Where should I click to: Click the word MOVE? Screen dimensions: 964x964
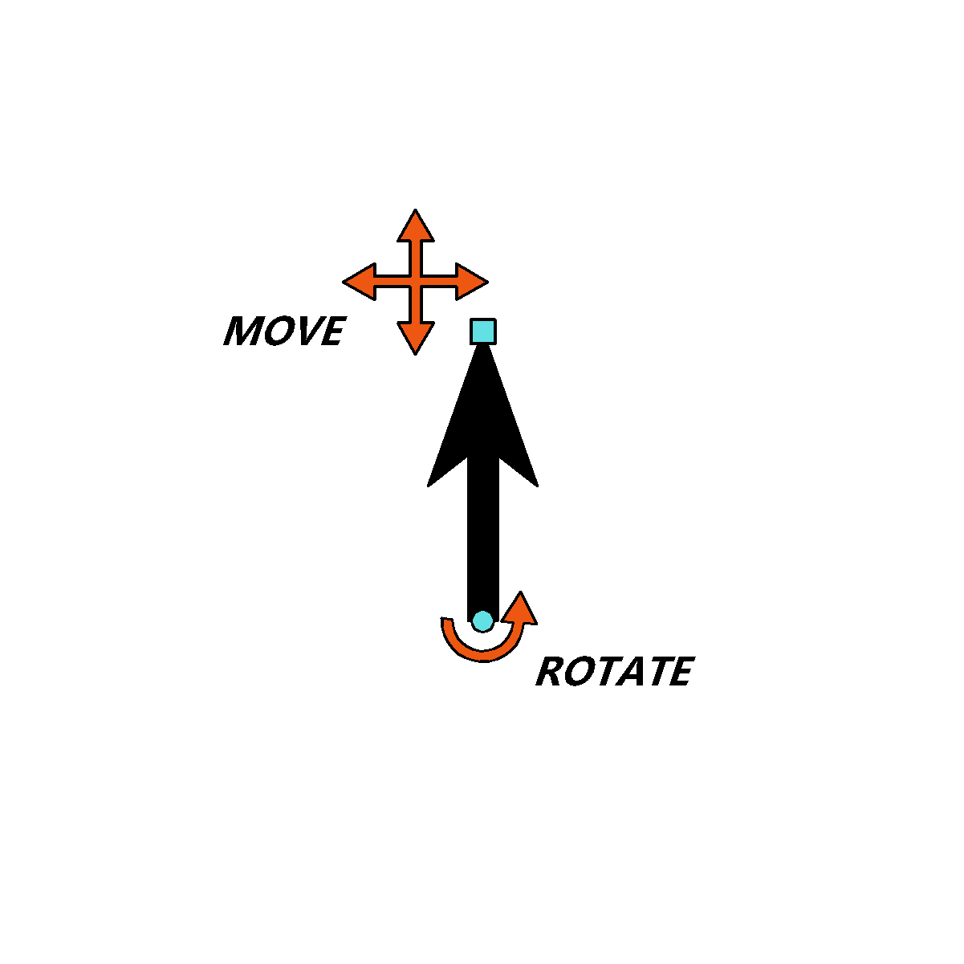285,330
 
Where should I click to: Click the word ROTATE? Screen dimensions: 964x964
616,671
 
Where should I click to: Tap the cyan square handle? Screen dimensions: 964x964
482,332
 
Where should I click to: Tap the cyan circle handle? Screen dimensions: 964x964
482,620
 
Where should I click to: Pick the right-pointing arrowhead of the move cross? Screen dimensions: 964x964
470,282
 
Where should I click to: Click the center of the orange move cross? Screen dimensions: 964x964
415,282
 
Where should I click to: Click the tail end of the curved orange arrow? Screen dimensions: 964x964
447,620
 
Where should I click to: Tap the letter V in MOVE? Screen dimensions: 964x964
309,330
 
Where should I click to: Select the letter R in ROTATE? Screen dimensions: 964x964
549,671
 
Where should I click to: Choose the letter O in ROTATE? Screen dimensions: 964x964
579,671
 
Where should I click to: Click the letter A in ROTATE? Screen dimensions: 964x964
630,671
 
